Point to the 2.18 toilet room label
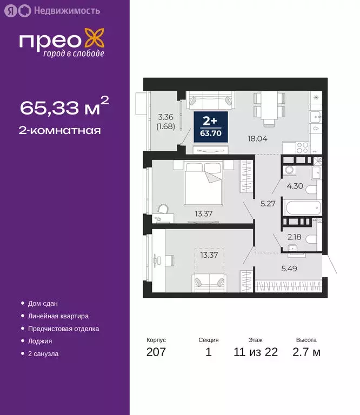(x=295, y=237)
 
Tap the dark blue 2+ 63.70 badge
(x=211, y=125)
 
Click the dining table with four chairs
(x=269, y=105)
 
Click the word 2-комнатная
(x=61, y=130)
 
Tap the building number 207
(x=156, y=353)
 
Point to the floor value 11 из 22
(x=255, y=353)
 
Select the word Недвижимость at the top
(x=66, y=10)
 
